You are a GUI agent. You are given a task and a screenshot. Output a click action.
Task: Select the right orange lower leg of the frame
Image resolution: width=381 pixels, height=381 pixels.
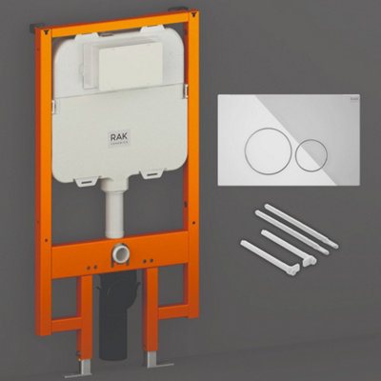(x=152, y=319)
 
